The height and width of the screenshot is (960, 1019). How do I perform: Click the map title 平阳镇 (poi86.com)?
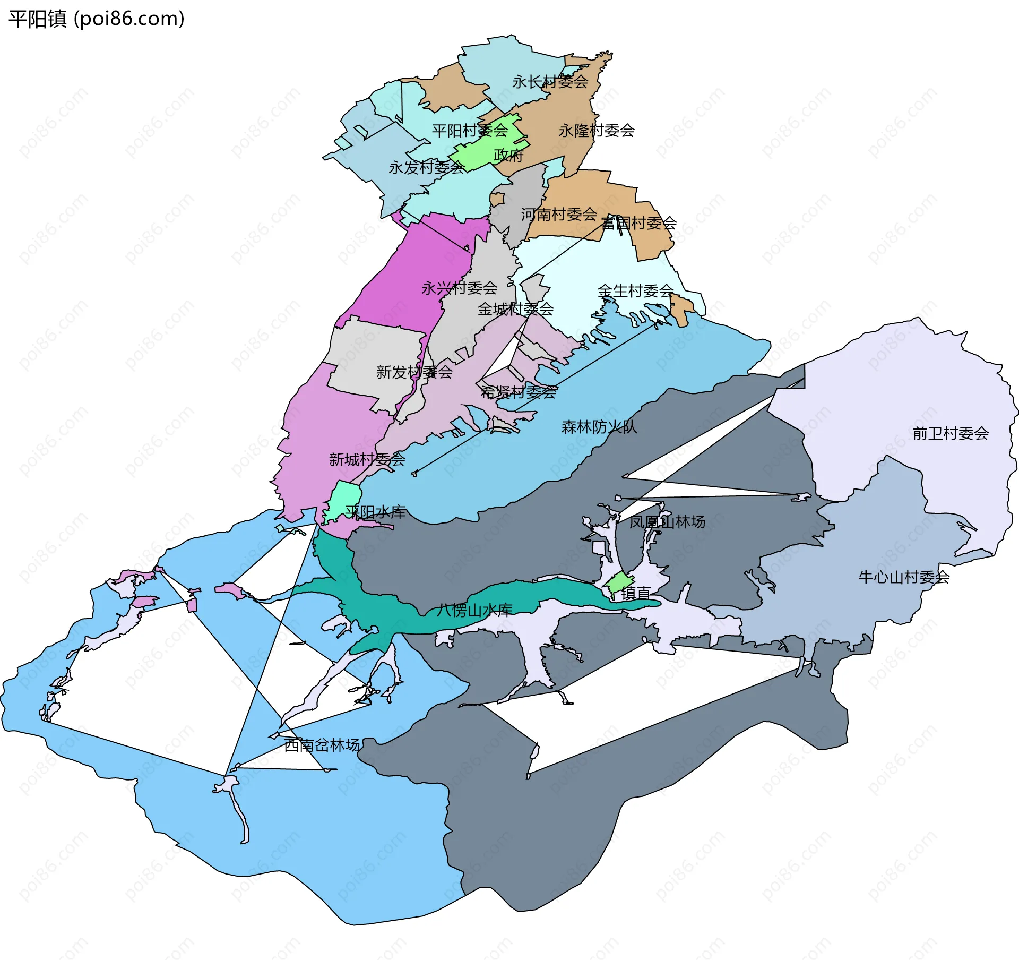tap(97, 19)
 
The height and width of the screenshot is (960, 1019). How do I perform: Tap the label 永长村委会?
tap(550, 82)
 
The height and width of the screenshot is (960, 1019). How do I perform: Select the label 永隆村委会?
tap(597, 131)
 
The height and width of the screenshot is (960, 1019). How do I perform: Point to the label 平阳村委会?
tap(470, 131)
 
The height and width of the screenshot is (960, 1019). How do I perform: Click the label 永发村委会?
tap(427, 168)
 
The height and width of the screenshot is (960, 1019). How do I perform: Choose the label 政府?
tap(508, 156)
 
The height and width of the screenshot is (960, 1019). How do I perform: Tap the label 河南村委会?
tap(559, 215)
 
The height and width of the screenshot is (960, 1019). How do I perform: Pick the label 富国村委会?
tap(639, 223)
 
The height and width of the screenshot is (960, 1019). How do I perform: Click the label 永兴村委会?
tap(460, 288)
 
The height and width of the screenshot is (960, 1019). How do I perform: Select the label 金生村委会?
tap(635, 291)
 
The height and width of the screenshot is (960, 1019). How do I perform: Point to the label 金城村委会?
tap(515, 309)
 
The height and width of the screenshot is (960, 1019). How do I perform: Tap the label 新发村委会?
tap(414, 372)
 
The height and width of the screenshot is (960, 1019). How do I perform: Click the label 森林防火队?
tap(599, 427)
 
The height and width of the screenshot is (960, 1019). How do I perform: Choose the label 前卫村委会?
tap(951, 434)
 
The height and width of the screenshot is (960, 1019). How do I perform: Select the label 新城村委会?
tap(367, 460)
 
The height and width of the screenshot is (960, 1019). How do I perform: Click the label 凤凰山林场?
tap(667, 522)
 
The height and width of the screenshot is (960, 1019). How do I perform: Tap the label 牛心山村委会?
tap(904, 577)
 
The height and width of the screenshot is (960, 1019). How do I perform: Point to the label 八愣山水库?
tap(474, 611)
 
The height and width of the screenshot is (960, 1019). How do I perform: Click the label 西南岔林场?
tap(322, 745)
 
